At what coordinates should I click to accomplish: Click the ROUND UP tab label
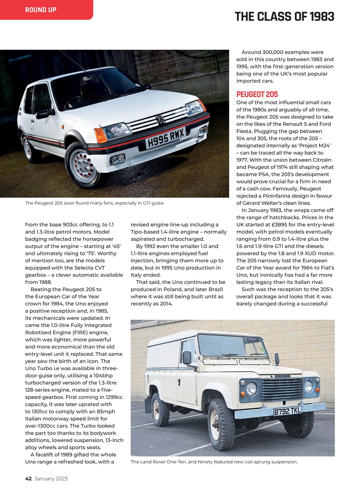click(x=41, y=10)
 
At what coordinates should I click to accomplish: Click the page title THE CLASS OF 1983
click(x=284, y=17)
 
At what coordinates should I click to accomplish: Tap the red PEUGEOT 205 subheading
click(x=257, y=95)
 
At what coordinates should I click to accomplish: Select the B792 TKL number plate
click(x=287, y=411)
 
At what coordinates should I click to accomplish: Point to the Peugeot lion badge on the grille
click(x=160, y=120)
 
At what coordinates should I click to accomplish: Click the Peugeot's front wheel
click(x=82, y=167)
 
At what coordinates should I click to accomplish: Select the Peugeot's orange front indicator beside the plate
click(x=100, y=135)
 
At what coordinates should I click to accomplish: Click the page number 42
click(x=28, y=479)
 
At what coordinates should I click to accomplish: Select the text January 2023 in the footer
click(x=51, y=479)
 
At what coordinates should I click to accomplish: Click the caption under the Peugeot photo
click(x=95, y=203)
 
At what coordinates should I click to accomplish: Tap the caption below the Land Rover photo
click(x=214, y=462)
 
